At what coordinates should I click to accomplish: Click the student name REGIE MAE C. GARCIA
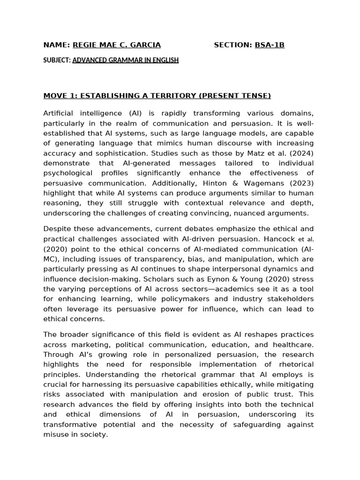click(116, 45)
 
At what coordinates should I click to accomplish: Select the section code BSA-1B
click(270, 45)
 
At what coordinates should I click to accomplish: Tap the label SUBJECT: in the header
click(57, 60)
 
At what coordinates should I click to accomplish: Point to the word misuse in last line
click(55, 435)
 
